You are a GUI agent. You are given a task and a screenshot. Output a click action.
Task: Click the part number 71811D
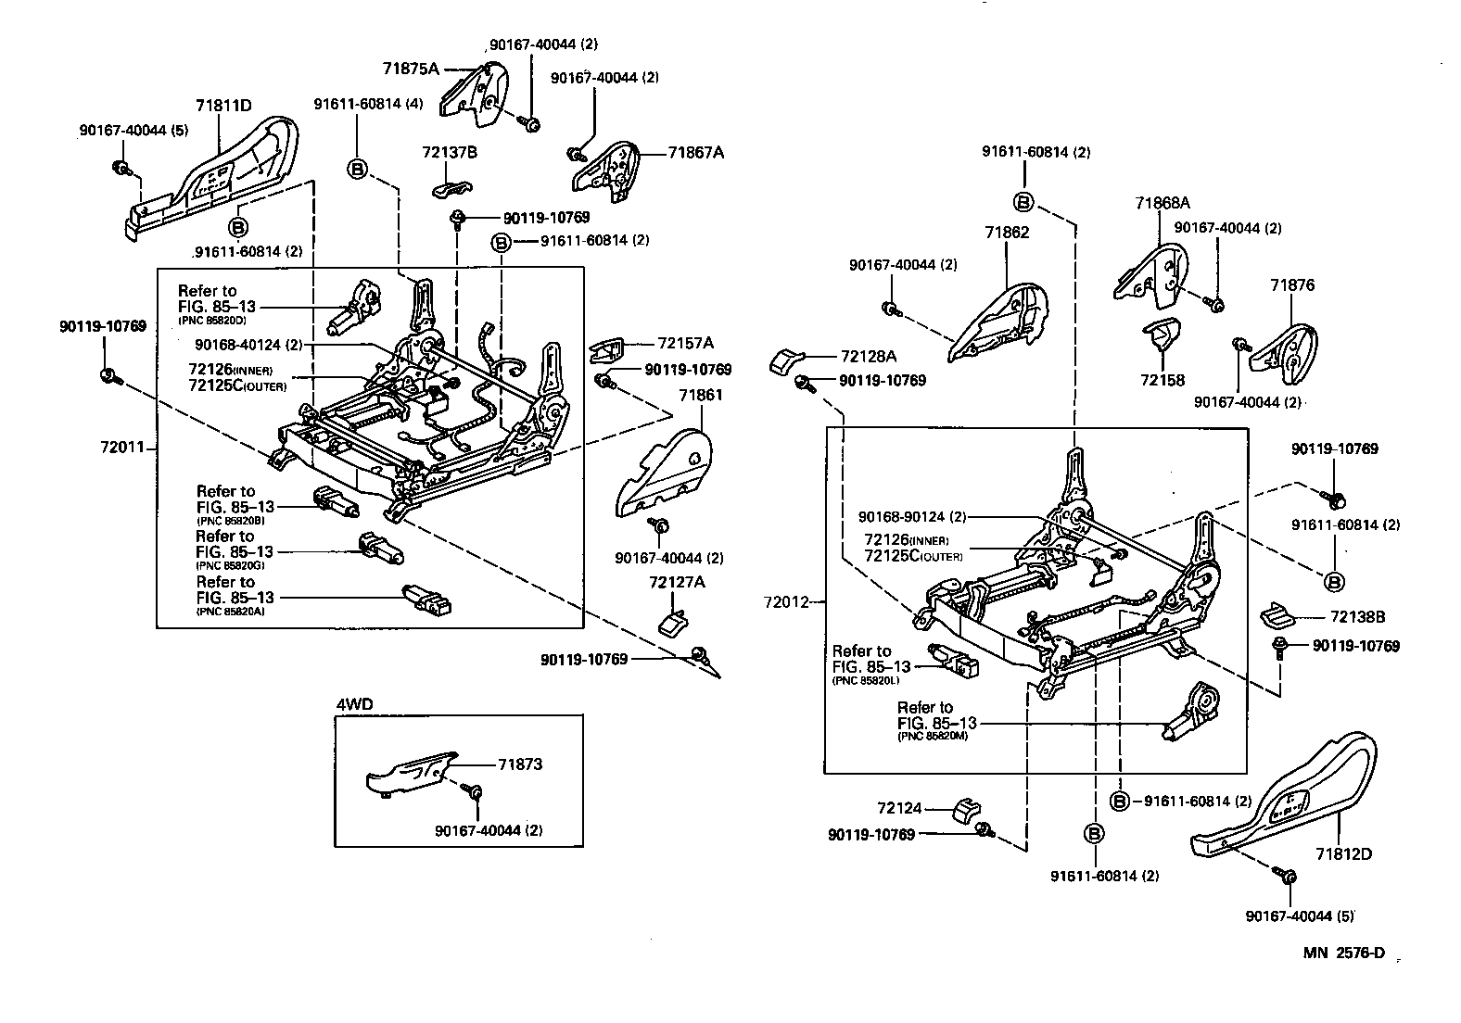coord(223,106)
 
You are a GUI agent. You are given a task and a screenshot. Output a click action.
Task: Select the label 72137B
coord(449,152)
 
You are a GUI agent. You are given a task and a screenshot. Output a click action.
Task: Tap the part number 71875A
coord(410,68)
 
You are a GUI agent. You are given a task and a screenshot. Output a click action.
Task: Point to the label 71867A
coord(695,153)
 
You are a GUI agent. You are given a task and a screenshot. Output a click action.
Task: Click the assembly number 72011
coord(122,448)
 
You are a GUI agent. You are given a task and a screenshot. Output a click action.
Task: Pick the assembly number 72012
coord(786,601)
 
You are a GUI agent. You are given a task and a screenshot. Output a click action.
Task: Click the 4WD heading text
coord(354,703)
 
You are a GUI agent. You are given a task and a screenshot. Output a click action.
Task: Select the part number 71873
coord(519,764)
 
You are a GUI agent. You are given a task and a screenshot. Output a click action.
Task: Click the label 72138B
coord(1357,616)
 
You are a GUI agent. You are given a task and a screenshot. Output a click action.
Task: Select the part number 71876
coord(1292,285)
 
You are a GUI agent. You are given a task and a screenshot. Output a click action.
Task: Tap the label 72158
coord(1162,380)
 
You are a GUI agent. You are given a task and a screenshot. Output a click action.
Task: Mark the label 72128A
coord(869,356)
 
